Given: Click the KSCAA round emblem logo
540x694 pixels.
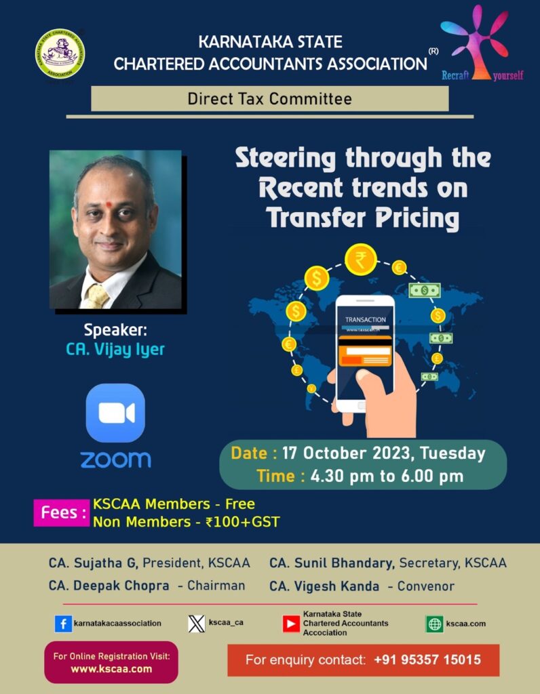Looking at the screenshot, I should [60, 54].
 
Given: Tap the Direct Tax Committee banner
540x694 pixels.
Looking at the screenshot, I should [270, 99].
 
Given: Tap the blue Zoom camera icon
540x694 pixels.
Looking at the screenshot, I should [115, 413].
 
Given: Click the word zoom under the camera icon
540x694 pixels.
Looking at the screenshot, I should [115, 459].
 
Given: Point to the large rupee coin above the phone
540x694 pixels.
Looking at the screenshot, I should [360, 260].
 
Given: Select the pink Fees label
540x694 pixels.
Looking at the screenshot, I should [61, 512].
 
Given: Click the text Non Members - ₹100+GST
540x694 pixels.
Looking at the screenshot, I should [186, 522].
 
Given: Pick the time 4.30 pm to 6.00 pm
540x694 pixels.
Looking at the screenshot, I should [387, 476].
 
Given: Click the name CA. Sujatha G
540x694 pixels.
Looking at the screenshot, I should [94, 563].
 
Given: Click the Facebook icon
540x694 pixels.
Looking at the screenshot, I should [63, 624].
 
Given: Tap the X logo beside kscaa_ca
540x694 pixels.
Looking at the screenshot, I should [196, 624].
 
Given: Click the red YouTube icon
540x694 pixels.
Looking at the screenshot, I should [291, 624].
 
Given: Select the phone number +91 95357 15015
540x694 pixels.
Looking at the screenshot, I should [427, 659].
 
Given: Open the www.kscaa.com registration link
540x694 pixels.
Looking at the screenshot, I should [111, 668].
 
